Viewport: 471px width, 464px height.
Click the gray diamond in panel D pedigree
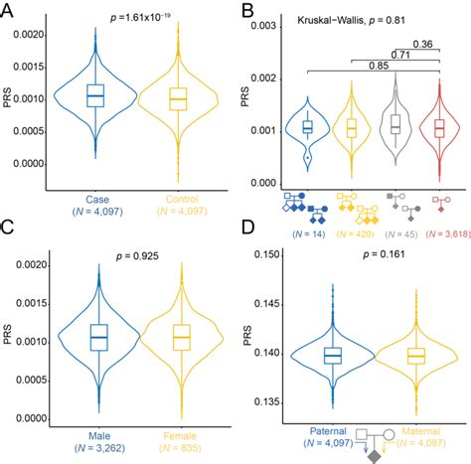click(x=373, y=456)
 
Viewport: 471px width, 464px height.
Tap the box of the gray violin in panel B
click(x=395, y=124)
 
